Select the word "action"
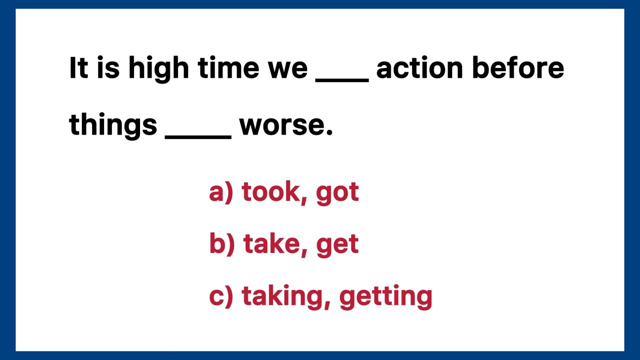pos(419,68)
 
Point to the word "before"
pos(517,68)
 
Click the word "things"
pos(113,125)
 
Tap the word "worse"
pos(285,125)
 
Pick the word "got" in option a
pos(337,192)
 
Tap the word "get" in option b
pos(337,244)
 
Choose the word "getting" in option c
pos(385,296)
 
